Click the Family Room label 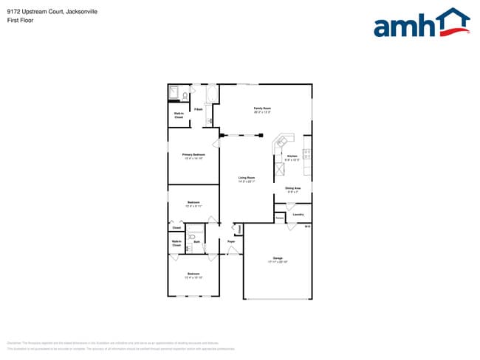coord(262,110)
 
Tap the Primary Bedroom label coord(193,155)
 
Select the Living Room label coord(247,179)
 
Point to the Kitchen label coord(292,157)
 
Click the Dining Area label coord(293,190)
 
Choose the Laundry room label coord(298,215)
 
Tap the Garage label coord(278,259)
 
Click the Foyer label coord(231,241)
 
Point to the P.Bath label coord(199,109)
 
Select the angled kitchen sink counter coord(283,141)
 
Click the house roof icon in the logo coord(452,18)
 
